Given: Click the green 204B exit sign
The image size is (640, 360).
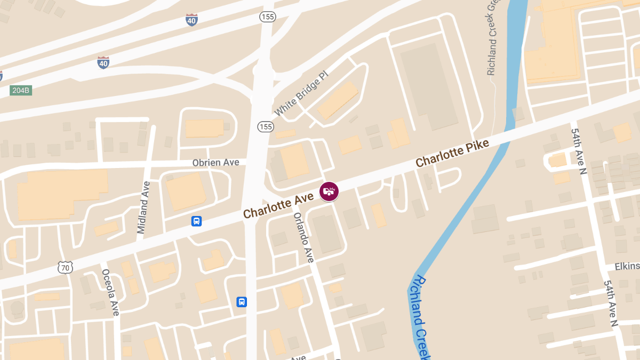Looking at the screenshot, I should [21, 91].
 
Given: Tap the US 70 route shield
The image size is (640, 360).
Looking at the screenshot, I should [65, 267].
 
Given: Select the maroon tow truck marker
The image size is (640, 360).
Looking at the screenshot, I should [329, 191].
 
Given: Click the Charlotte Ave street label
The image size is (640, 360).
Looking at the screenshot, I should [278, 205].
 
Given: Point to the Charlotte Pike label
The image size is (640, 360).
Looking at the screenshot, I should [452, 153].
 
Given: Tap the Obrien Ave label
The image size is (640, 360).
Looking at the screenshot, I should [216, 162].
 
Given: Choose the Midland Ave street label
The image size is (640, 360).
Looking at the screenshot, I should [143, 207].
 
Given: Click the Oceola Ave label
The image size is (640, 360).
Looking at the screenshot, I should [110, 292].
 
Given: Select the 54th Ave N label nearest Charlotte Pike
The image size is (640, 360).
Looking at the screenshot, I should [579, 153].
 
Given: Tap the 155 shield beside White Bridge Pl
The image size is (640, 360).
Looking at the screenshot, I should [265, 126].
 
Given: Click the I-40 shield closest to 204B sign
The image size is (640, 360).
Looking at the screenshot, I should [103, 62].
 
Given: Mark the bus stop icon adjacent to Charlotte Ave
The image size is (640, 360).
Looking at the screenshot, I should [196, 221].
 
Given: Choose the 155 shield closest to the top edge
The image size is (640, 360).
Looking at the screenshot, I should [267, 17].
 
